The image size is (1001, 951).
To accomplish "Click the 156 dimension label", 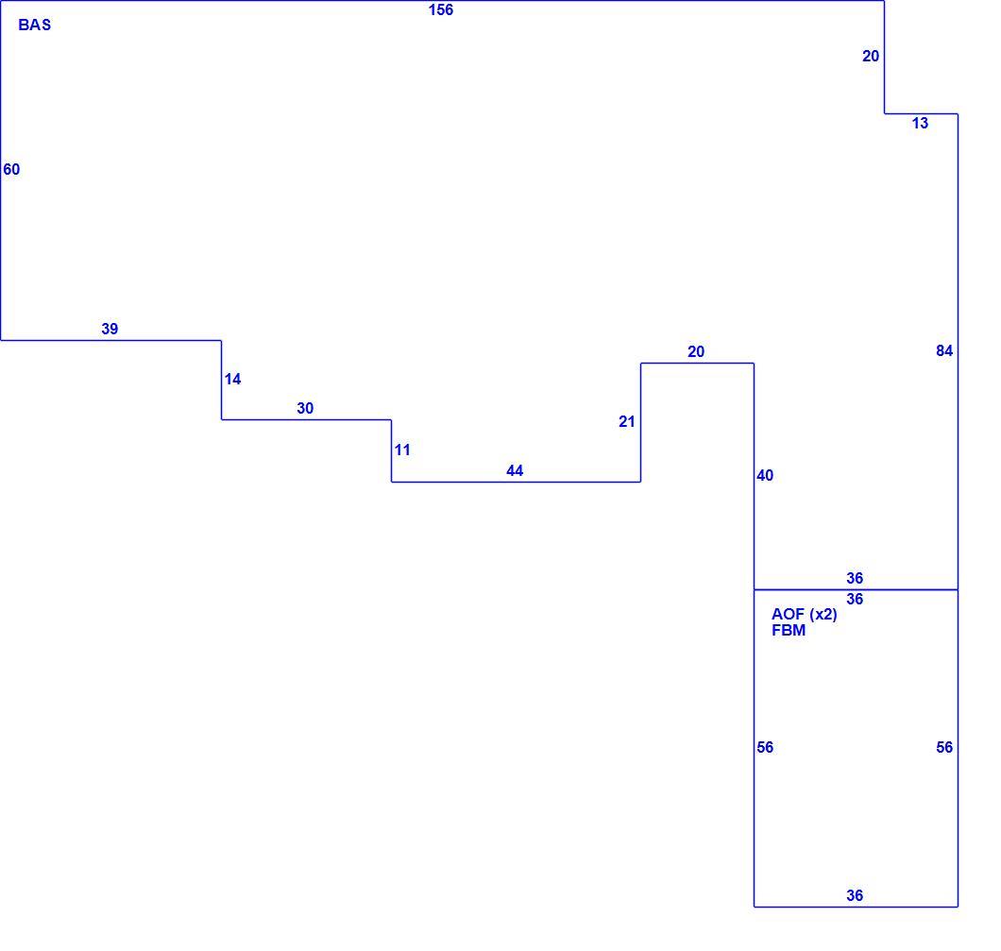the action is click(x=441, y=10).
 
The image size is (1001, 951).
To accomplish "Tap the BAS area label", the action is click(x=35, y=25).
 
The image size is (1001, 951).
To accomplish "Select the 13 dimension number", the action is click(x=920, y=123).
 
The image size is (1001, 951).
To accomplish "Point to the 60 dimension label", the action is click(x=11, y=169).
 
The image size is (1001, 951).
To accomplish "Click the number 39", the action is click(x=110, y=329).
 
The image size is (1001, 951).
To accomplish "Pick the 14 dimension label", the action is click(x=232, y=379).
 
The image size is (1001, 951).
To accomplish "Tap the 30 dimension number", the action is click(x=305, y=409).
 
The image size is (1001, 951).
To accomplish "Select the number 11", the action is click(x=402, y=450).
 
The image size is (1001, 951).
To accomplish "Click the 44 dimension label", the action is click(x=515, y=471).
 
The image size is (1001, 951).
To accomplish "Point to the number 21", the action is click(x=627, y=422).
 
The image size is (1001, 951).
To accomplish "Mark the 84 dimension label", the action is click(x=944, y=350).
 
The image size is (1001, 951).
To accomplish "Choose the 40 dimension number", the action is click(x=765, y=476).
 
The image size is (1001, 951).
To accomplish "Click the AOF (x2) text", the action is click(x=805, y=614).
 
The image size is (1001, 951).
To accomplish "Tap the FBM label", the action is click(x=789, y=631).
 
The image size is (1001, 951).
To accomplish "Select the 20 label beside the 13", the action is click(x=871, y=56).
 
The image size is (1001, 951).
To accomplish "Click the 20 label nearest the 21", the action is click(x=696, y=351).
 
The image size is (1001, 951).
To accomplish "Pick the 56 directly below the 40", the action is click(x=765, y=747).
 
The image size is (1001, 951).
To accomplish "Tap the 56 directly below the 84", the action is click(x=944, y=747).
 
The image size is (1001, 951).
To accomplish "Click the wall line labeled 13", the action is click(x=921, y=113).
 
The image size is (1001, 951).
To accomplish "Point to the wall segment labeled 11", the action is click(x=391, y=450).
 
